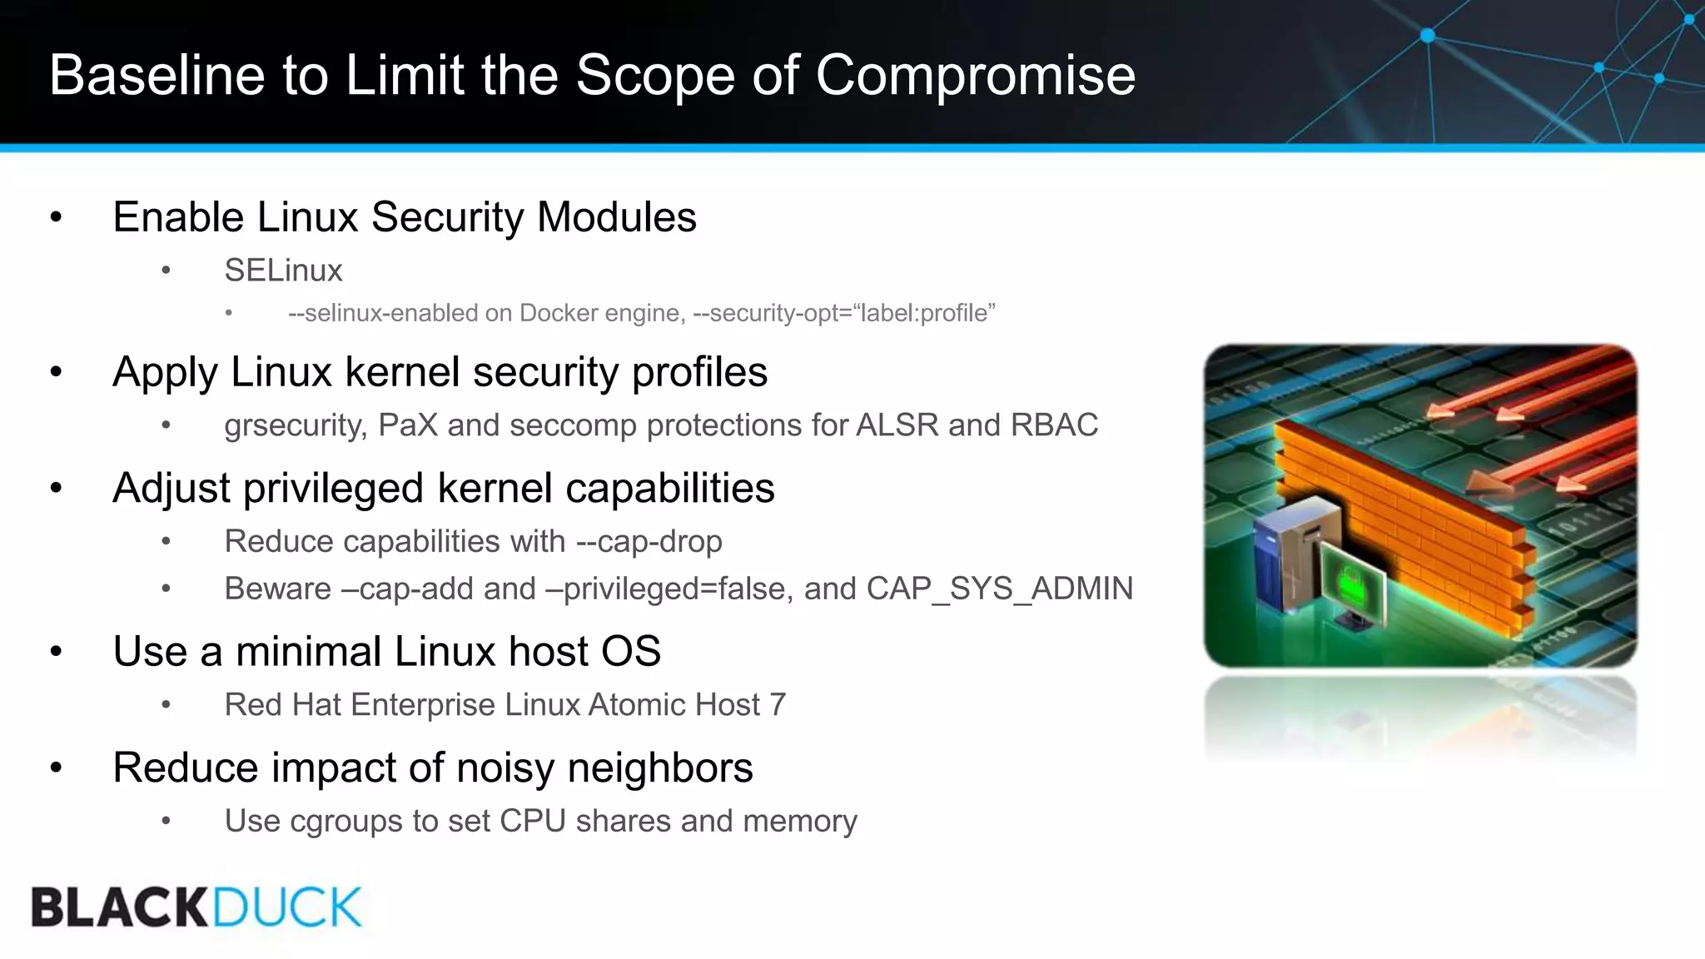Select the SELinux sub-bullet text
pyautogui.click(x=283, y=271)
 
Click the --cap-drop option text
pyautogui.click(x=649, y=542)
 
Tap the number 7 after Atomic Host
pyautogui.click(x=778, y=705)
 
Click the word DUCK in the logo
pyautogui.click(x=287, y=907)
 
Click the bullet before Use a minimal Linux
pyautogui.click(x=56, y=652)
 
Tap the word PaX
pyautogui.click(x=407, y=425)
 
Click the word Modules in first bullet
pyautogui.click(x=616, y=218)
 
